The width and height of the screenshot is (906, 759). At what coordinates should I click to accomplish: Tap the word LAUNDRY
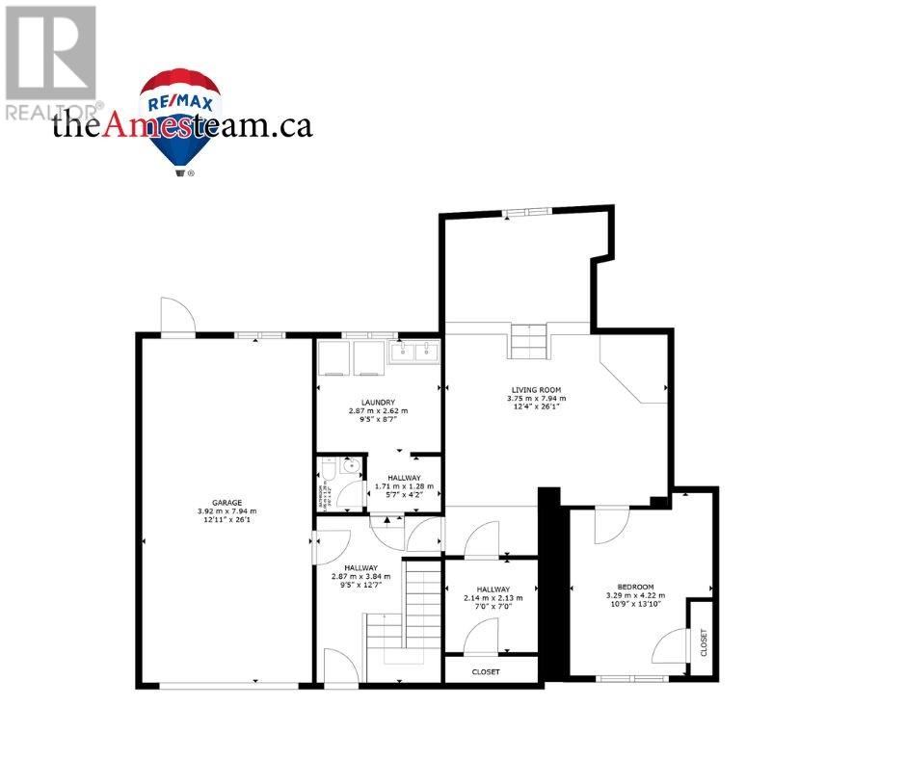[x=378, y=402]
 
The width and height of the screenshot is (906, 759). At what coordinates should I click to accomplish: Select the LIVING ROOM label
[x=537, y=388]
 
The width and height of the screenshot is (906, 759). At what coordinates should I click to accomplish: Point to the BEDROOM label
[x=635, y=587]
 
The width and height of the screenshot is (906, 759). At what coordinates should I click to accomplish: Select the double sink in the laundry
[x=413, y=353]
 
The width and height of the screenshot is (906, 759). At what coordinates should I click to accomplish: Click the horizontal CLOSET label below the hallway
[x=486, y=671]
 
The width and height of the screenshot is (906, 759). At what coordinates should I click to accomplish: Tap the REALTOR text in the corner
[x=50, y=113]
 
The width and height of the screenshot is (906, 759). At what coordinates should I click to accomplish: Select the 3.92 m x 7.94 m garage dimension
[x=227, y=511]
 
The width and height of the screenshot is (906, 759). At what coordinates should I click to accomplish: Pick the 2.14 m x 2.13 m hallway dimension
[x=492, y=597]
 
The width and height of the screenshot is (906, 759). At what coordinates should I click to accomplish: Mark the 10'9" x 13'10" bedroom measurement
[x=635, y=606]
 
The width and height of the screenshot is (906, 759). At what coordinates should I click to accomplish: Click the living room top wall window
[x=526, y=211]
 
